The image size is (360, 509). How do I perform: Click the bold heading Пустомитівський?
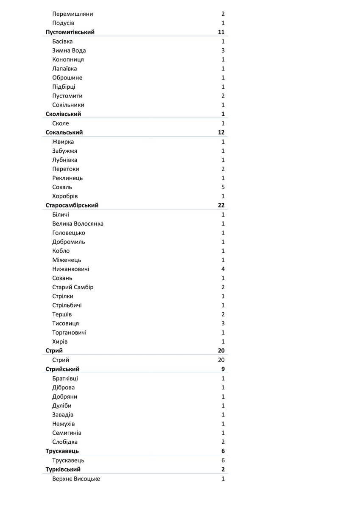(70, 32)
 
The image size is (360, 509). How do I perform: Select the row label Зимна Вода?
(69, 50)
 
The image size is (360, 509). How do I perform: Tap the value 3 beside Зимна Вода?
(223, 50)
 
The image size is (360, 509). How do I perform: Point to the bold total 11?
(221, 32)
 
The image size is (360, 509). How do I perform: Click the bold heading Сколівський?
(63, 114)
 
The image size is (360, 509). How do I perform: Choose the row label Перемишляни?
(73, 14)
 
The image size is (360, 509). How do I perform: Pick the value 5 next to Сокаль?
(223, 187)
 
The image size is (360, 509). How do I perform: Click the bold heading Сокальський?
(64, 132)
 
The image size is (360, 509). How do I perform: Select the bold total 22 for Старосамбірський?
(221, 205)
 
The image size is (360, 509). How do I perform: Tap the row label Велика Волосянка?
(78, 224)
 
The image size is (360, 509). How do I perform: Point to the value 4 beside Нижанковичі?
(223, 269)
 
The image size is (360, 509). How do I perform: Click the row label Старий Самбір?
(73, 287)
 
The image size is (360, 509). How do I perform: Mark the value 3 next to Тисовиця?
(223, 324)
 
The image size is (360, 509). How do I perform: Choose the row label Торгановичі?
(69, 333)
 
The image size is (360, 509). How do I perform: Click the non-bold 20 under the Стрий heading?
(221, 360)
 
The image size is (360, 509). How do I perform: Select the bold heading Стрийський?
(62, 369)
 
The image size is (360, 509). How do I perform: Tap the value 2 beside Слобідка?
(223, 442)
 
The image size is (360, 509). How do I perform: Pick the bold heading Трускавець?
(62, 451)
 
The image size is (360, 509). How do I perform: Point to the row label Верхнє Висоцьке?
(76, 479)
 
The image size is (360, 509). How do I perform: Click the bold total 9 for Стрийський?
(223, 369)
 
